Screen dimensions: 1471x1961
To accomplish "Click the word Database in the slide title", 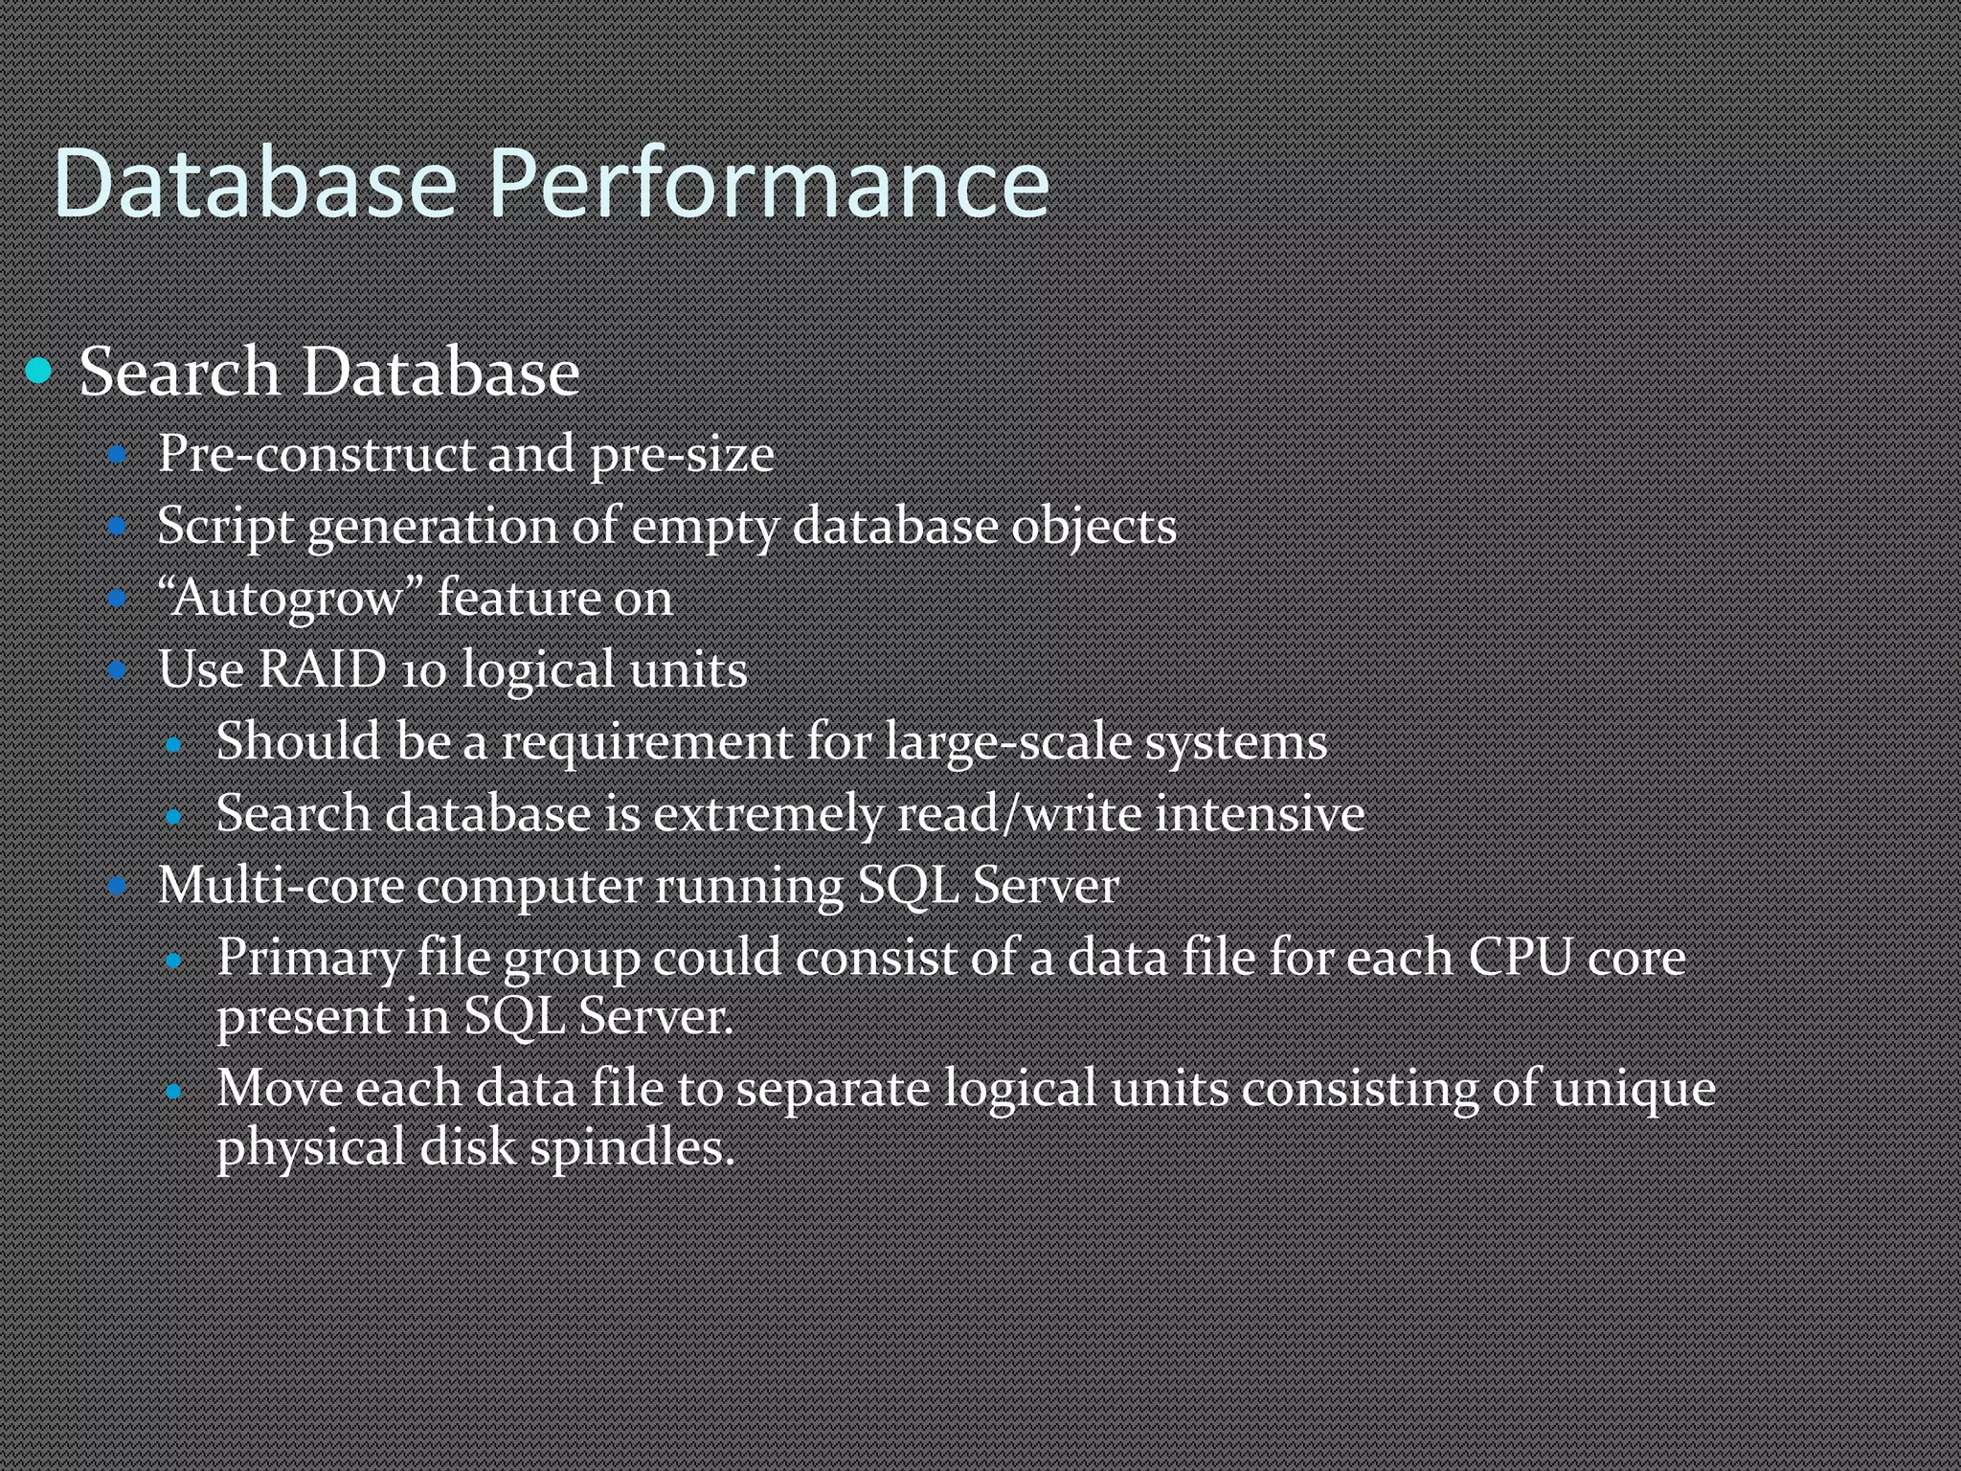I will pos(255,184).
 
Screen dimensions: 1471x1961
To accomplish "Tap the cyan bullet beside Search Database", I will pos(38,370).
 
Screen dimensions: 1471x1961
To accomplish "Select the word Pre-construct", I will pos(317,453).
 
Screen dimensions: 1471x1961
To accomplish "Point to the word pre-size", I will pos(682,455).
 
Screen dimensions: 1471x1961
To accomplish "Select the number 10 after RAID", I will pos(423,670).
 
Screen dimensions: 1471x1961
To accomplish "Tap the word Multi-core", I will pos(280,885).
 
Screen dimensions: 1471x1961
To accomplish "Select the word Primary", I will pos(310,959).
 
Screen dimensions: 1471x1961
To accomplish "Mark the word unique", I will pos(1634,1090).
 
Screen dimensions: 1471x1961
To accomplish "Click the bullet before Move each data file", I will pos(173,1090).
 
